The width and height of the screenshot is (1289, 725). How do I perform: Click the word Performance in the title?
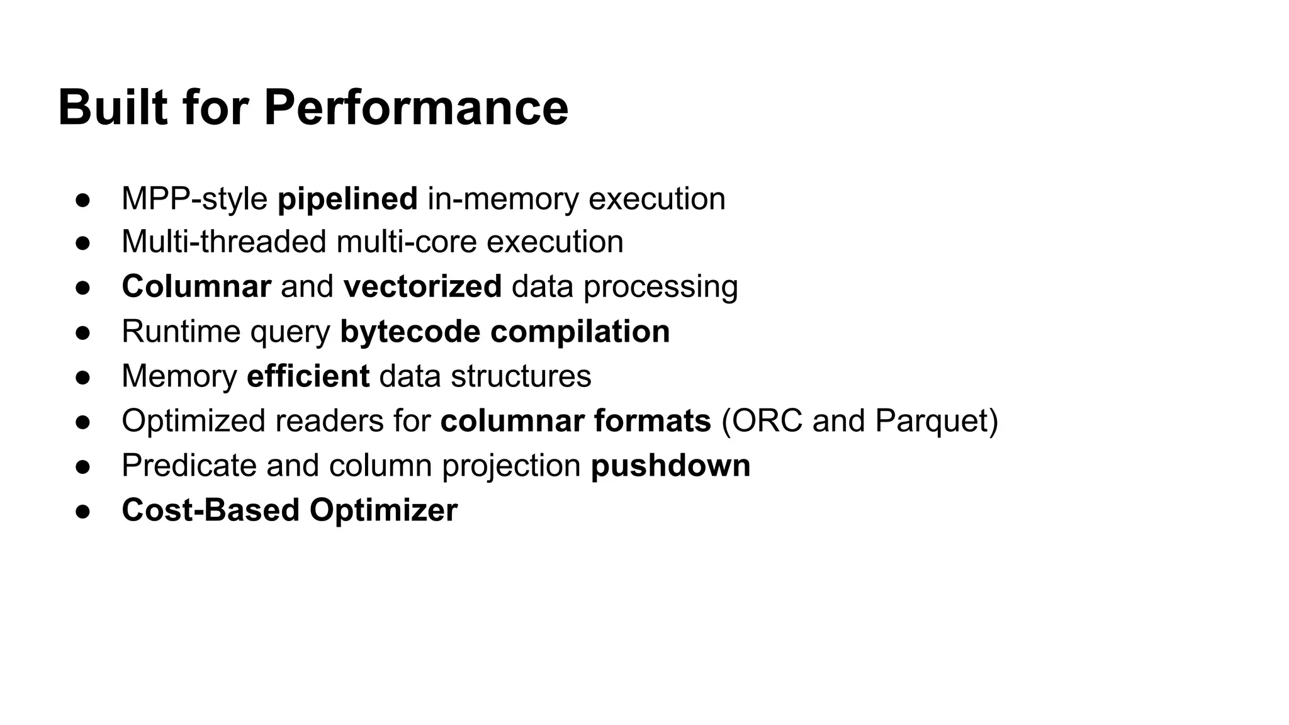(x=416, y=108)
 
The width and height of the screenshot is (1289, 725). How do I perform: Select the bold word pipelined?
(x=347, y=199)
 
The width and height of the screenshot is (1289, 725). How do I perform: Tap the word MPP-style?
(x=194, y=199)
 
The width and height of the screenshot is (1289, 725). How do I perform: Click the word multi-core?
(x=406, y=242)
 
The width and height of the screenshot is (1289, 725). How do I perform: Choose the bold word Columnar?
(x=196, y=286)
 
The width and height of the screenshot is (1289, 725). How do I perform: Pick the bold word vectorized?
(x=422, y=286)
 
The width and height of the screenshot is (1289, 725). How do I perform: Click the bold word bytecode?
(x=410, y=332)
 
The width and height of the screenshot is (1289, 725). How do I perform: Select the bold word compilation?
(x=580, y=332)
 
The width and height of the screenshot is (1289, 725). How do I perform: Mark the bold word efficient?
(x=308, y=376)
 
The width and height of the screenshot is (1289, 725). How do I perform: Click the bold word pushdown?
(x=670, y=466)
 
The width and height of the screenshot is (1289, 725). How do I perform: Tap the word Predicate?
(x=189, y=466)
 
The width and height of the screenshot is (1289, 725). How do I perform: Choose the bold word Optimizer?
(x=383, y=510)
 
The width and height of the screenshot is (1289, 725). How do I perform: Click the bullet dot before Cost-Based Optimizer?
(x=83, y=512)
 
